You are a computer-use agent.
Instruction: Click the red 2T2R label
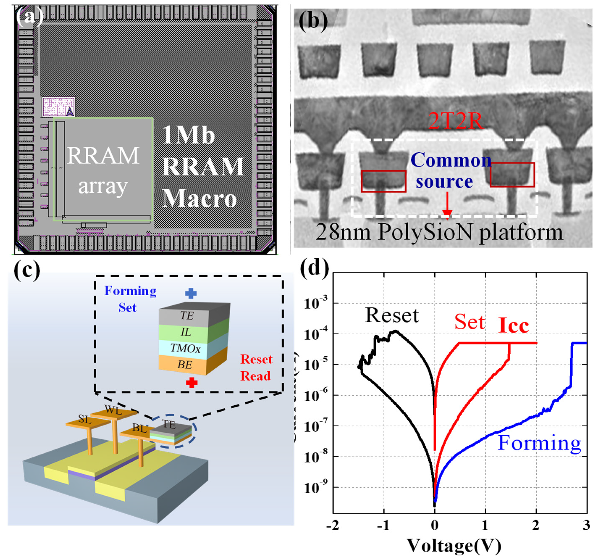455,121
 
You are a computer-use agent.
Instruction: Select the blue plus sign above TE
191,293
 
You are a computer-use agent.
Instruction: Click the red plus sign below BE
192,383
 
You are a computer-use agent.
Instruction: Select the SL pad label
85,419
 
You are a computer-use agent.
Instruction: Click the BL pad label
139,428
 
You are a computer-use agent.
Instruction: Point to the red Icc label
513,326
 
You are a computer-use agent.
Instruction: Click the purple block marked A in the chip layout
58,107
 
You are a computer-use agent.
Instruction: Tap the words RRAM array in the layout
103,171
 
